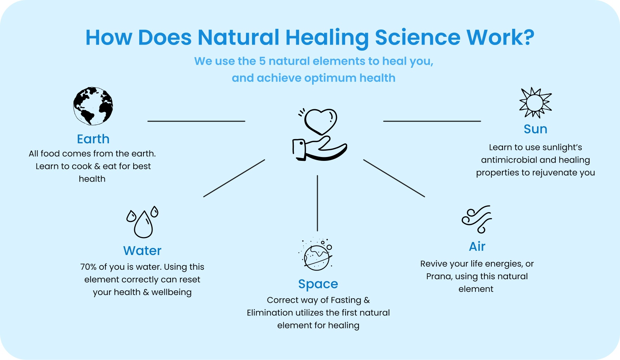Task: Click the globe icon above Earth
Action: point(93,106)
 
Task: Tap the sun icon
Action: point(535,103)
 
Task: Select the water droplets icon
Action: point(142,222)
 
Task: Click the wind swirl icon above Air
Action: point(477,219)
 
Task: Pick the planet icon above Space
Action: point(316,255)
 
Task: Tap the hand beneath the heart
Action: point(319,149)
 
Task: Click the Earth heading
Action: point(93,139)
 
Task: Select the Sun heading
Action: point(535,129)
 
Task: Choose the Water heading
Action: point(142,251)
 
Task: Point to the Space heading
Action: point(318,284)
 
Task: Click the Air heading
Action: point(477,247)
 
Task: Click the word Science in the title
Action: point(418,37)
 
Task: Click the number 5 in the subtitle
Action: point(262,61)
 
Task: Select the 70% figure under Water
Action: point(88,267)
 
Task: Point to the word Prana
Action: point(439,276)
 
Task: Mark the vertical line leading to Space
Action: point(317,203)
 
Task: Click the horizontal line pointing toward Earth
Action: point(196,121)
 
